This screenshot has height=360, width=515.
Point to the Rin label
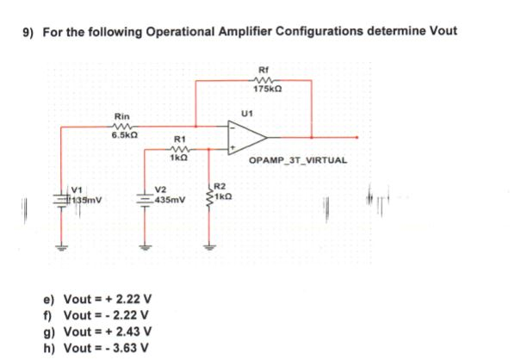(x=123, y=115)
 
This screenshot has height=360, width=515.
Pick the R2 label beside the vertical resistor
(x=219, y=186)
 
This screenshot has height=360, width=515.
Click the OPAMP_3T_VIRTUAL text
(x=297, y=160)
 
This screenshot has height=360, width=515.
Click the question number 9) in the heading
(x=28, y=32)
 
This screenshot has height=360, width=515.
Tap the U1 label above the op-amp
(x=248, y=112)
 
